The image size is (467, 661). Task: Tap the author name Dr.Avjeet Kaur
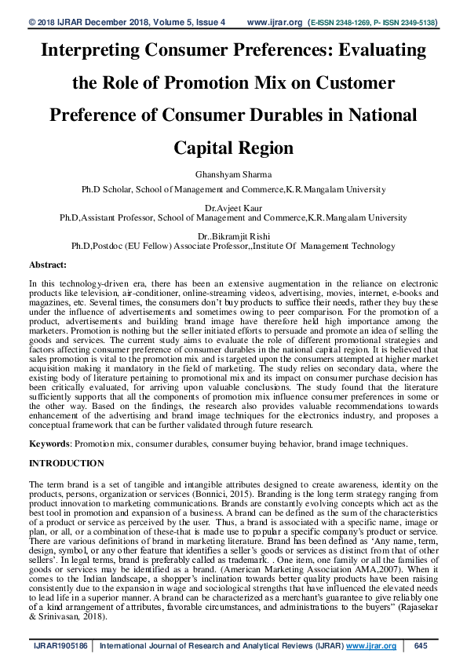pos(233,206)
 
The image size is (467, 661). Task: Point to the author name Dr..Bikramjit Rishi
pos(233,235)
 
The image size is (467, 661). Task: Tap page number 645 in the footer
pos(420,645)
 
